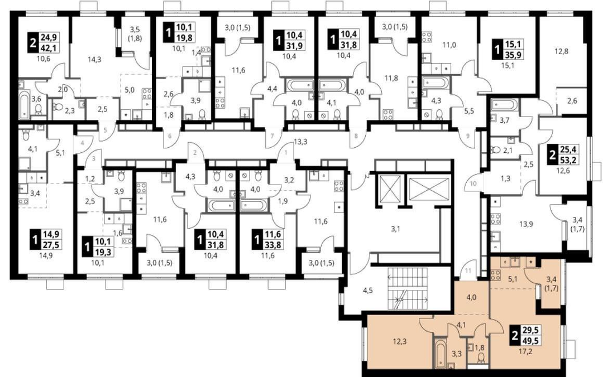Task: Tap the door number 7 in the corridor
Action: click(x=272, y=136)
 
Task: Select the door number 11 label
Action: click(x=468, y=270)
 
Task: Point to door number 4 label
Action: click(x=82, y=143)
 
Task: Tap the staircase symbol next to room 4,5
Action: click(x=407, y=289)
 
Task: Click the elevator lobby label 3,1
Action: click(x=396, y=229)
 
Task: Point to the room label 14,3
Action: click(x=94, y=59)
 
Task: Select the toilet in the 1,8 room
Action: click(x=481, y=358)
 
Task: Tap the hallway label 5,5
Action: click(x=469, y=112)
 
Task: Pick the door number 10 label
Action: click(x=473, y=183)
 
